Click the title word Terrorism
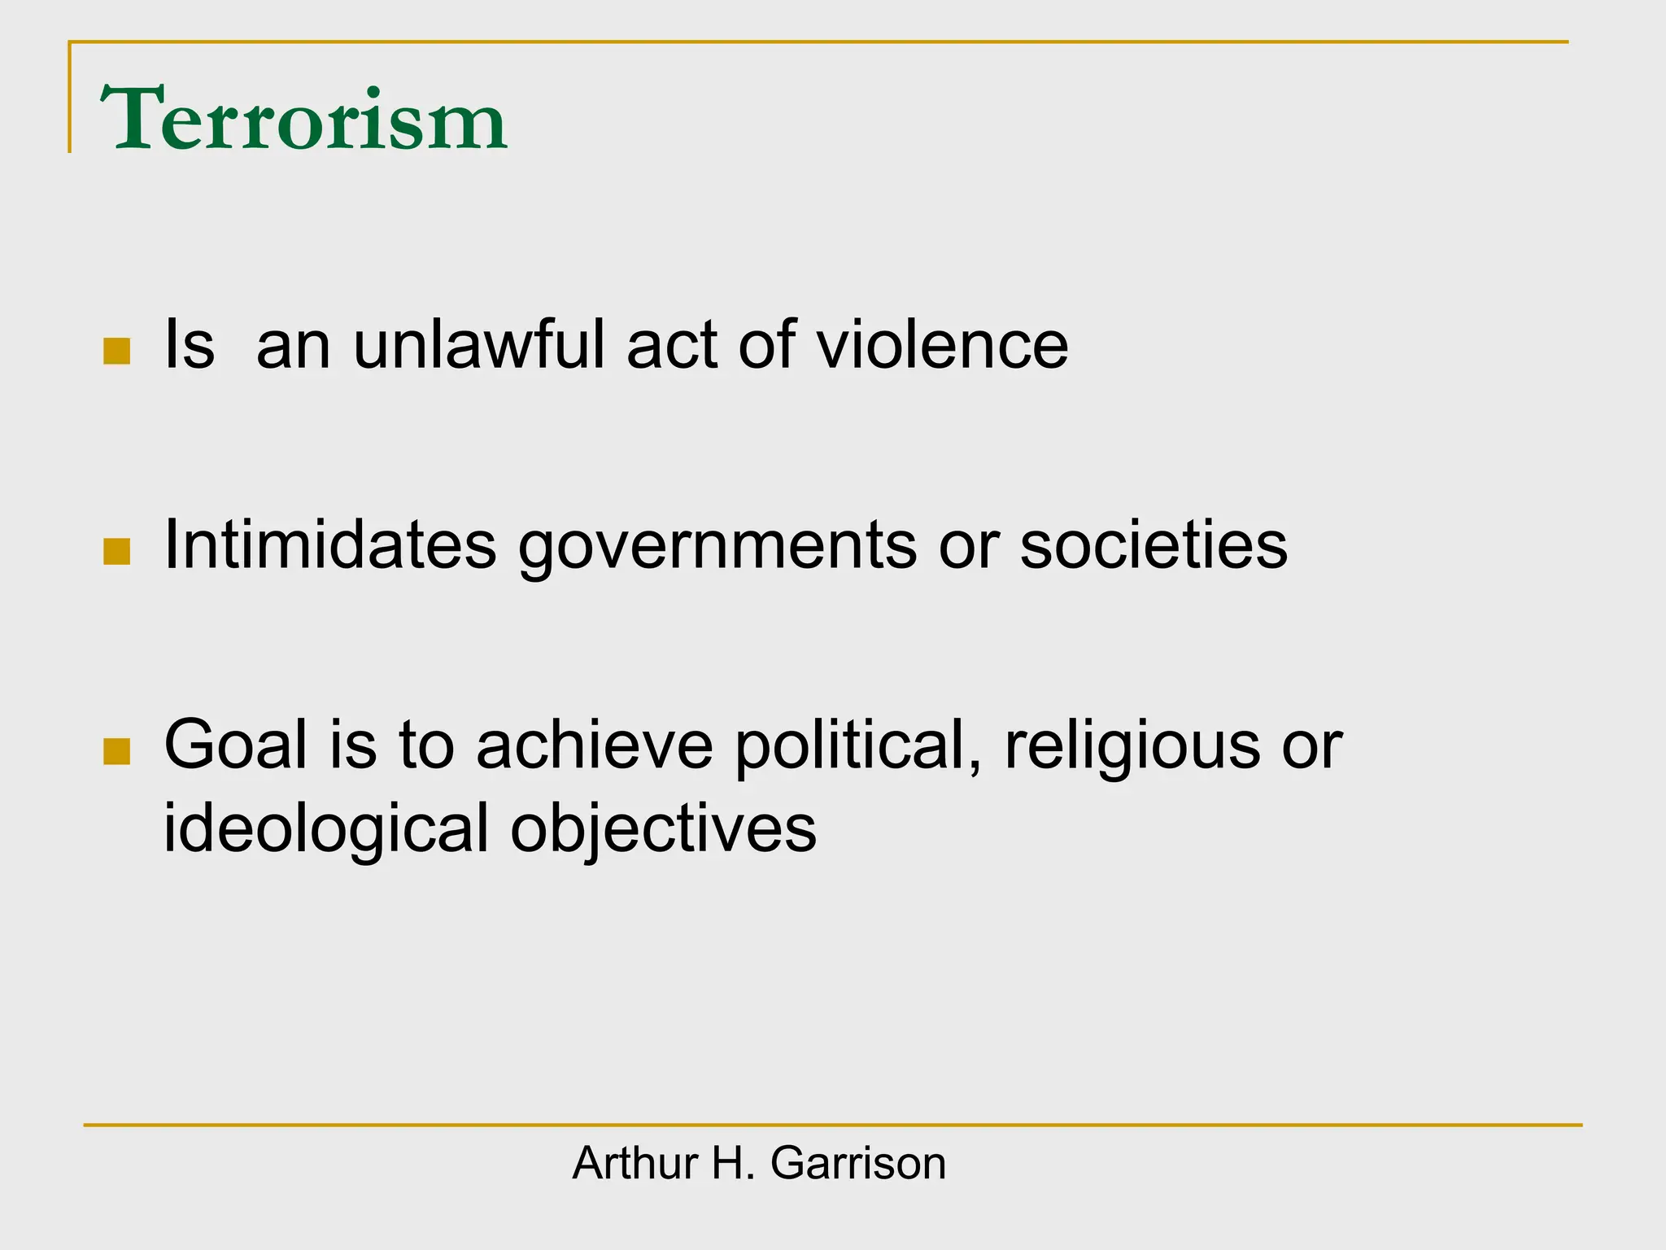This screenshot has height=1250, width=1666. [303, 120]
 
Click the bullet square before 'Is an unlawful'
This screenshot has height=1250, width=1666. [117, 352]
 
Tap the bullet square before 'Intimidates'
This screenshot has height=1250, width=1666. [117, 552]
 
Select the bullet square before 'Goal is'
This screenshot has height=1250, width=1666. [117, 752]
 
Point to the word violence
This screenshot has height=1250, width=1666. [942, 344]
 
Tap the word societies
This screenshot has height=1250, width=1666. [1154, 544]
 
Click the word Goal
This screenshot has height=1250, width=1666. [236, 745]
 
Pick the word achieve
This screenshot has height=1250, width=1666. [594, 745]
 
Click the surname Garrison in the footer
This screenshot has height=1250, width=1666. [858, 1163]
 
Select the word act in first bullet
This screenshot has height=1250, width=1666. [672, 346]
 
